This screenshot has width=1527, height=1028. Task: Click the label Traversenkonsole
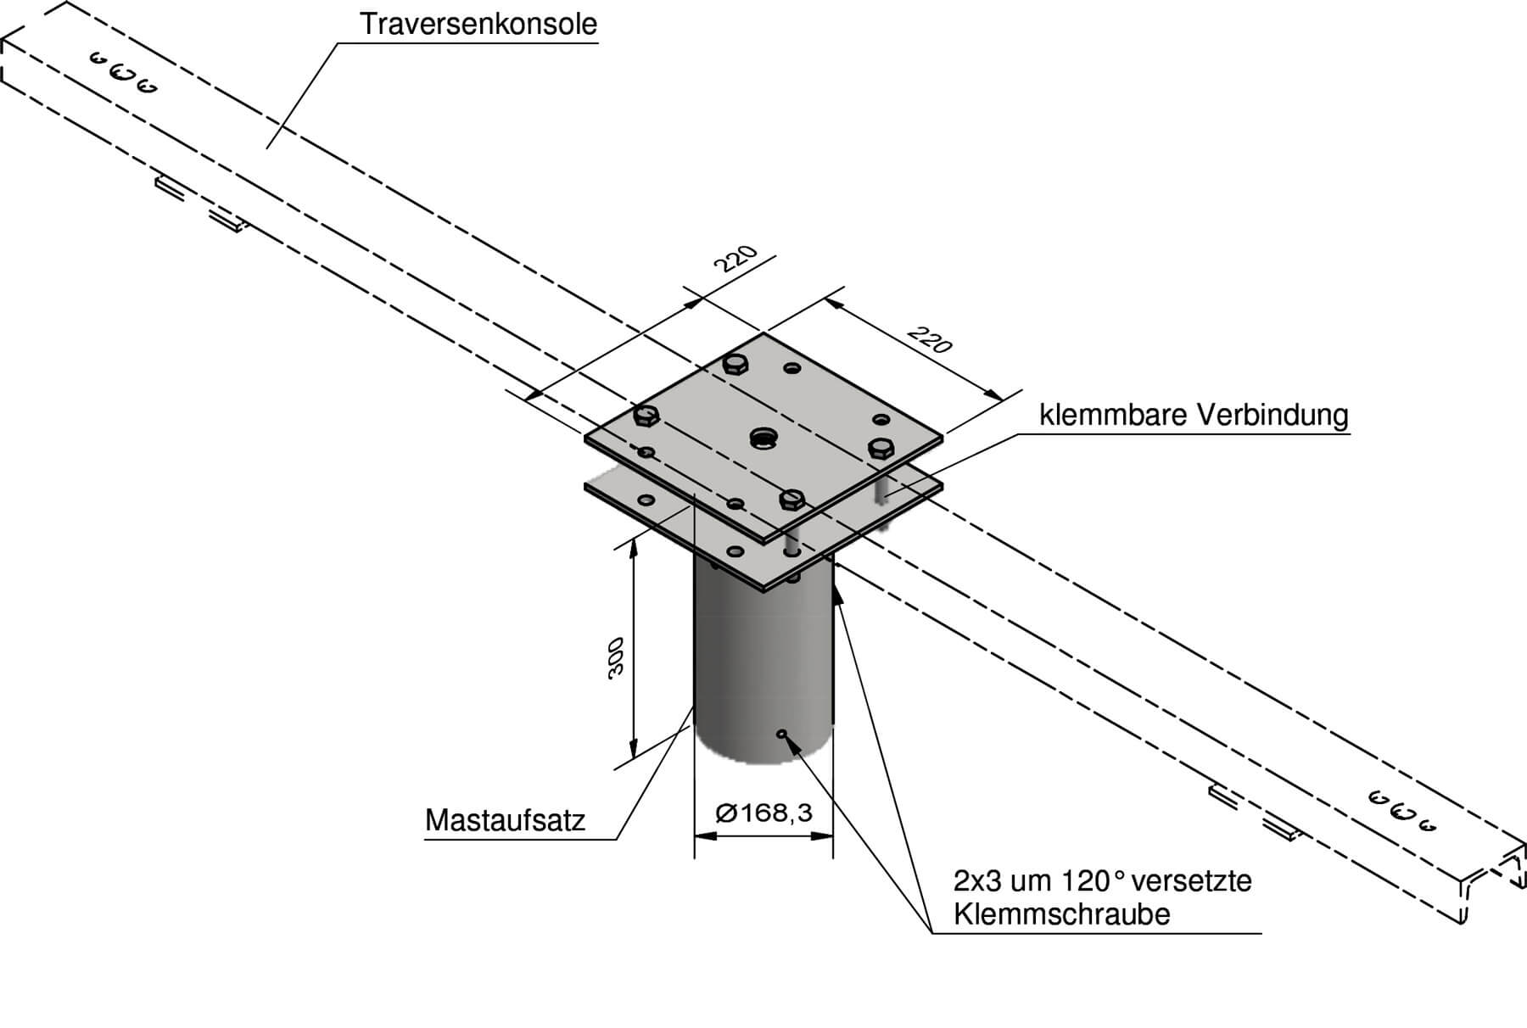(478, 24)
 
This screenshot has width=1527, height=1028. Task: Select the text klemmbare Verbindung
(1194, 416)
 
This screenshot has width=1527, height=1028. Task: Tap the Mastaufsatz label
(506, 820)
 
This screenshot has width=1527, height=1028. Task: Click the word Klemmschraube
(1061, 914)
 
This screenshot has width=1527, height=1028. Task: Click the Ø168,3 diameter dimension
(763, 813)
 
